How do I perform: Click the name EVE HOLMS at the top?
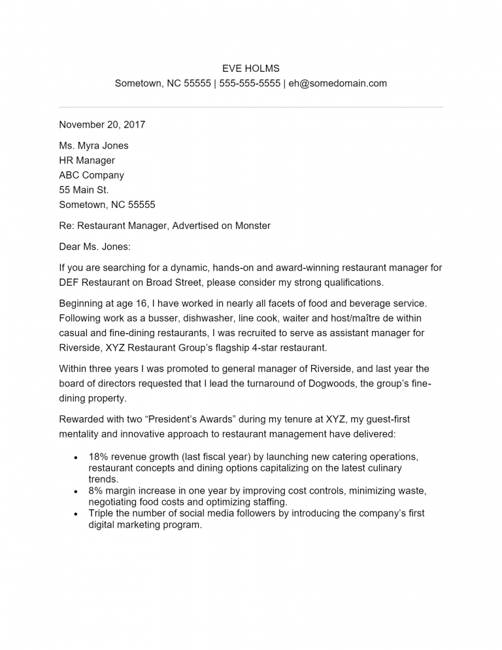250,69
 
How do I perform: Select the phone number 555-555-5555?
250,84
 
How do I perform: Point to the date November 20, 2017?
102,125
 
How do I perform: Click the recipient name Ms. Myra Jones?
93,146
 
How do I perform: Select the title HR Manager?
87,161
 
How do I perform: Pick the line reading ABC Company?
92,175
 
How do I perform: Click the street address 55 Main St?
84,190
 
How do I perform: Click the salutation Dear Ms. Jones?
95,247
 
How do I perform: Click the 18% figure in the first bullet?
99,456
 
